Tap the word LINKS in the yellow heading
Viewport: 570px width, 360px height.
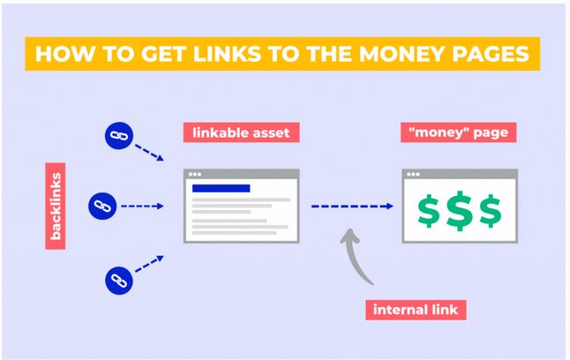pos(227,54)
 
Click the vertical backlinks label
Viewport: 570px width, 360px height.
pos(56,206)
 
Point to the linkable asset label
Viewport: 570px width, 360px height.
pos(242,132)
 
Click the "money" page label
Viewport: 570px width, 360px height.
pos(459,132)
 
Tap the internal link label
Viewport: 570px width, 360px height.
pos(416,310)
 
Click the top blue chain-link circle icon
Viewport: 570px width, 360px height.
pos(119,136)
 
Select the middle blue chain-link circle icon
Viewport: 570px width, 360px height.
pos(102,206)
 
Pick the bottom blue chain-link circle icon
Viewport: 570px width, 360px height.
pos(119,281)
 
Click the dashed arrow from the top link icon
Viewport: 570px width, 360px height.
pos(149,153)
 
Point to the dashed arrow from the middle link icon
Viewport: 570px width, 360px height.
pos(143,206)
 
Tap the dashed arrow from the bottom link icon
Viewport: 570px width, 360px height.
pos(149,264)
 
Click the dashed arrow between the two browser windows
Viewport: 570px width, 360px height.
pos(352,206)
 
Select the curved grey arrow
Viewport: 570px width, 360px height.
pos(350,259)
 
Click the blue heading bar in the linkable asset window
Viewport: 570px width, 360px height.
pos(221,188)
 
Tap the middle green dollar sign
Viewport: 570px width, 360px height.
pos(460,211)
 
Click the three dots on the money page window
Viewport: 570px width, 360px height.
pos(413,174)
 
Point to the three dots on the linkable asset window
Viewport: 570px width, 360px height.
pos(195,174)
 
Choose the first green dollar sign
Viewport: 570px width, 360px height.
pos(429,211)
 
